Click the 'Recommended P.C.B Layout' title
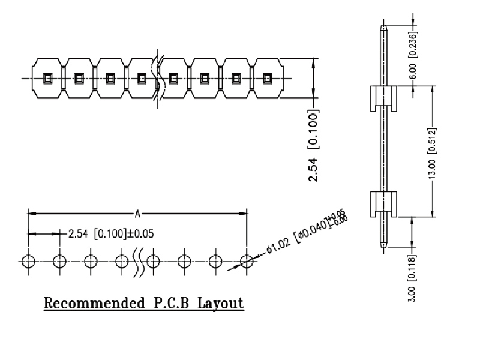tap(145, 303)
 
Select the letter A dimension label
tap(138, 214)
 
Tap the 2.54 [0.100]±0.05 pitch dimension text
tap(111, 234)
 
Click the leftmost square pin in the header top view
tap(47, 78)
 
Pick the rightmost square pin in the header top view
tap(268, 78)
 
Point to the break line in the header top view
tap(158, 78)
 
